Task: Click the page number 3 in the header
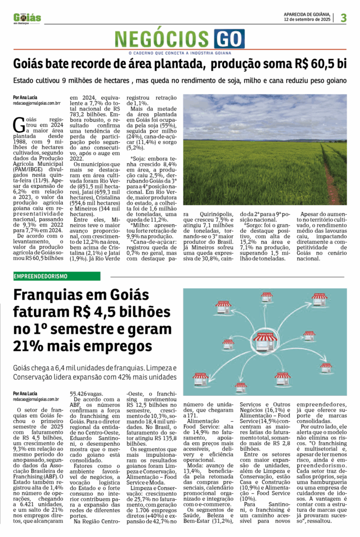click(x=343, y=18)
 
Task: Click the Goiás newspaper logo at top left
click(x=28, y=18)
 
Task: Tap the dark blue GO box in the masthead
click(x=229, y=39)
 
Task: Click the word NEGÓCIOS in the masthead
click(x=163, y=39)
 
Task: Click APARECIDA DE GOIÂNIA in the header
click(x=306, y=14)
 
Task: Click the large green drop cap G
click(x=18, y=124)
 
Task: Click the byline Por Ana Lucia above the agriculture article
click(x=26, y=98)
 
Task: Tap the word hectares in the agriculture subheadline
click(x=113, y=81)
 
